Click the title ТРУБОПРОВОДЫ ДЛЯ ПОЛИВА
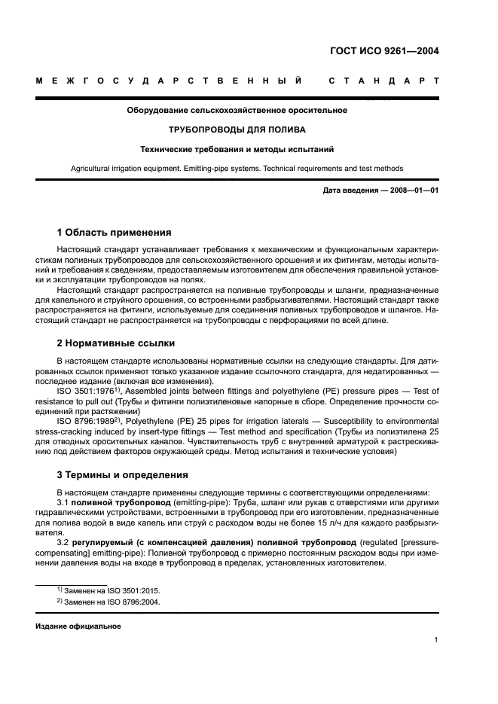click(237, 130)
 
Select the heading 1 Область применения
click(115, 232)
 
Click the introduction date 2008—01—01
click(413, 191)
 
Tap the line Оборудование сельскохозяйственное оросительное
click(237, 111)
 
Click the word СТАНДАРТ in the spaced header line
click(383, 80)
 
